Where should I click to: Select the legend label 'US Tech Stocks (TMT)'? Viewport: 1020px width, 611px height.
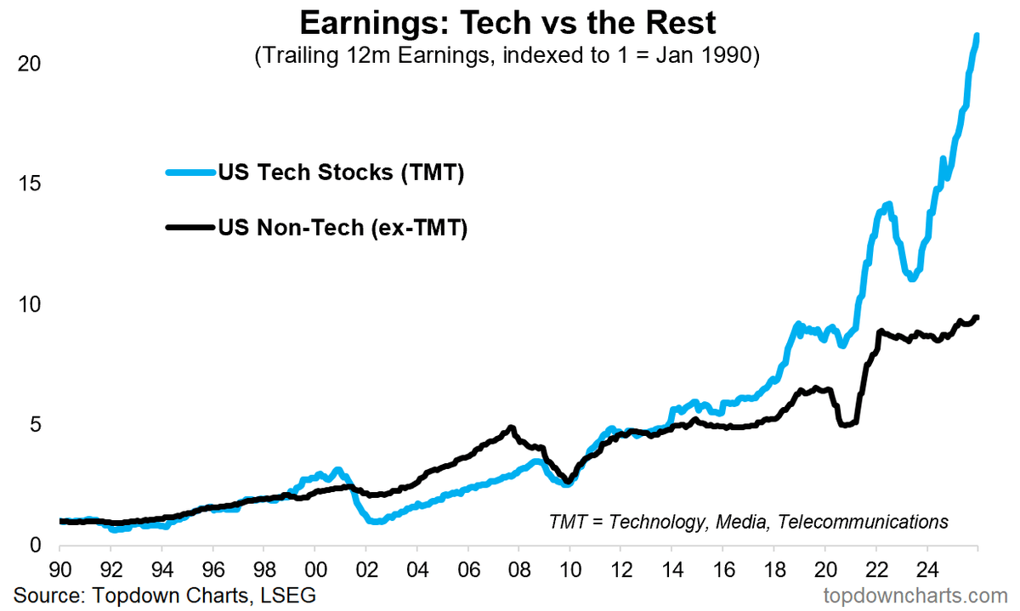[x=340, y=173]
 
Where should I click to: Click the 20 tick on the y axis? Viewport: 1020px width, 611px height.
[x=28, y=64]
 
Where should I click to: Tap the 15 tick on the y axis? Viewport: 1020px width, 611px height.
[x=28, y=184]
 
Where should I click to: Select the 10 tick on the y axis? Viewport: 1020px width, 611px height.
[x=28, y=304]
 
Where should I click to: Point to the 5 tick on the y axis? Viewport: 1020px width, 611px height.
[x=34, y=425]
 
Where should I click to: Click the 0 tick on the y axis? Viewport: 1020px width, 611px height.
[x=34, y=545]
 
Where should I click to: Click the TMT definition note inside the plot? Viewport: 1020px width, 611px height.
[x=748, y=521]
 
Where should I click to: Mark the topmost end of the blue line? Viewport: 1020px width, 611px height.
[x=977, y=36]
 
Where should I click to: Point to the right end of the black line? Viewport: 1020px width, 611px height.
[x=977, y=318]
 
